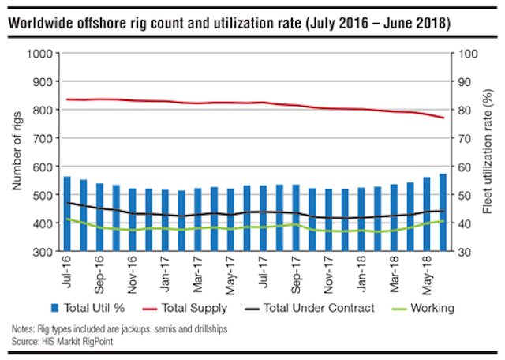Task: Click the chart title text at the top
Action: (230, 24)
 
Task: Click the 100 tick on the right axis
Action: (464, 53)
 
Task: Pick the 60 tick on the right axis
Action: (462, 167)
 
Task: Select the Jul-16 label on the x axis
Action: (67, 271)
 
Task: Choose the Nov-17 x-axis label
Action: (328, 272)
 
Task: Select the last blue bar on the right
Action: (443, 212)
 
